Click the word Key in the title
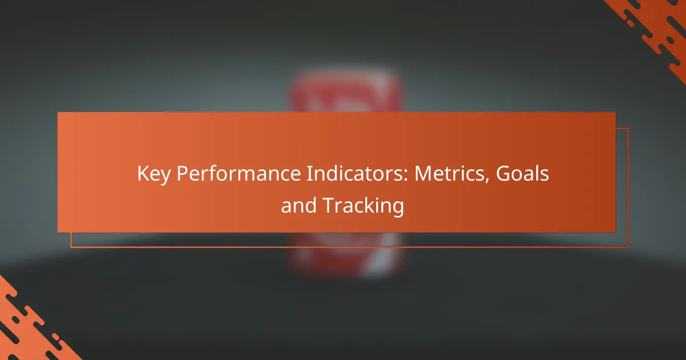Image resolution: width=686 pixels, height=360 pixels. pos(154,174)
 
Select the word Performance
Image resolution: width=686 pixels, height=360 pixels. pos(239,173)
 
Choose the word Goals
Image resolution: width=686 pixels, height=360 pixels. pos(523,173)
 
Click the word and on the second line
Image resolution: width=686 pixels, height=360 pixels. pos(298,205)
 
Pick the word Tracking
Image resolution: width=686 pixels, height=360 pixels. pos(364,206)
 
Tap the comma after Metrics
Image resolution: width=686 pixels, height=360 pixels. pos(486,181)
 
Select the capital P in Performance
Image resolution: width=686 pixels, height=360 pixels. pos(182,174)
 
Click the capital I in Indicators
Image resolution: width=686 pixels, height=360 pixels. pos(309,174)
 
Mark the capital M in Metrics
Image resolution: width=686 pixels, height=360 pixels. pos(423,174)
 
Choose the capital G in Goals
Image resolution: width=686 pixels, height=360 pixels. pos(503,174)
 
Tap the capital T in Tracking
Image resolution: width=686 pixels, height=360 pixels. pos(329,205)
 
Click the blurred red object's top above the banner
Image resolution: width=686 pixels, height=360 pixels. pos(346,91)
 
